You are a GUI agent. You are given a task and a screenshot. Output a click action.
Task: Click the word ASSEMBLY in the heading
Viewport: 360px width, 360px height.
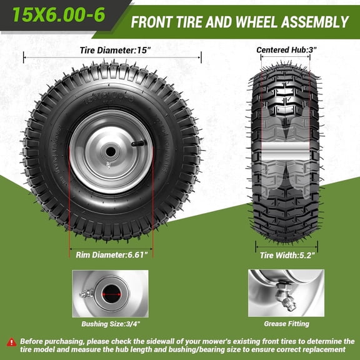tap(314, 22)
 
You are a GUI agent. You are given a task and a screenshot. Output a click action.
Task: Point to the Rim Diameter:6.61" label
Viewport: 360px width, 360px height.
tap(111, 254)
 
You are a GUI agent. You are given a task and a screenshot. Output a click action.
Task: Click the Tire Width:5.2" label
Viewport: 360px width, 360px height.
tap(286, 255)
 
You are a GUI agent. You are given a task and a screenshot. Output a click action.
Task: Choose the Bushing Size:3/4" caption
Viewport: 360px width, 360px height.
tap(110, 324)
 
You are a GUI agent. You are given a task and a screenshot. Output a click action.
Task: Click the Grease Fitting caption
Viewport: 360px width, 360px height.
tap(286, 324)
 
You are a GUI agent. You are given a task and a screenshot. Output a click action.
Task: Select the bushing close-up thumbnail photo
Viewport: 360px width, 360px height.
tap(110, 293)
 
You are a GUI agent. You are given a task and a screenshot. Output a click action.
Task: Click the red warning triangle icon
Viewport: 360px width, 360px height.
tap(11, 341)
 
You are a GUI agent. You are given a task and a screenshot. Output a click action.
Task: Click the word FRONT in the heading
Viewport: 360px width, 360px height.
tap(152, 22)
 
